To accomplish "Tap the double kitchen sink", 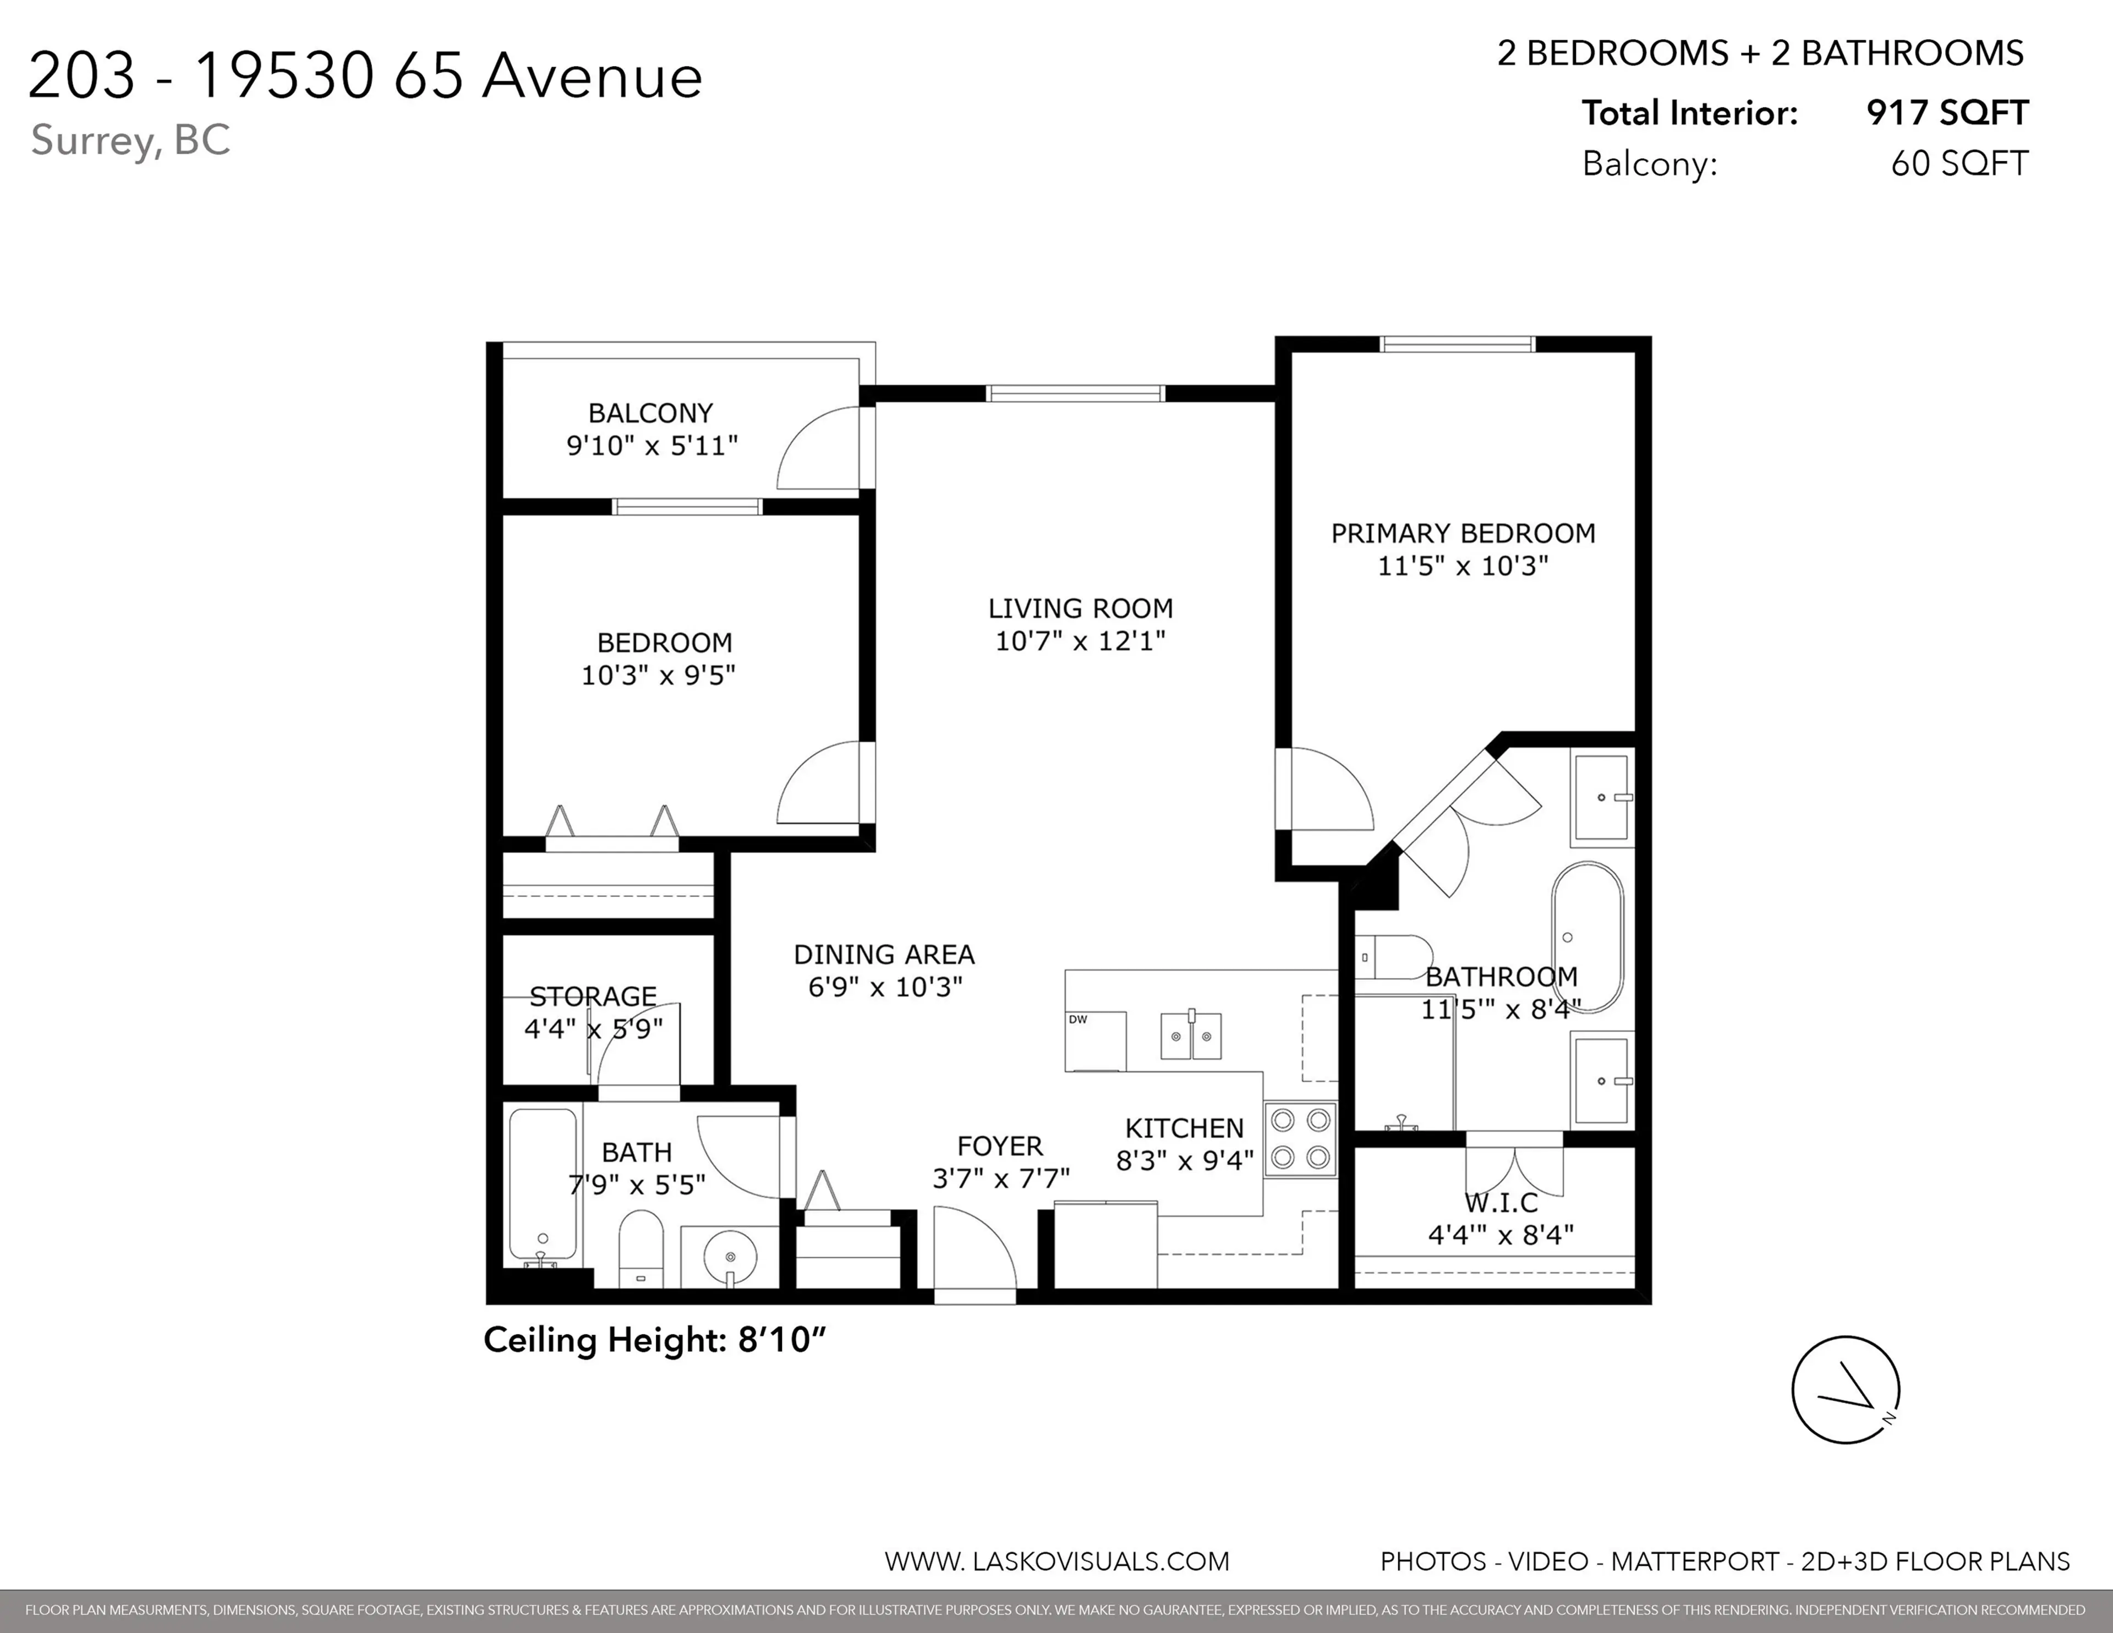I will pos(1191,1036).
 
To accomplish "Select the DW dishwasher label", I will pos(1078,1020).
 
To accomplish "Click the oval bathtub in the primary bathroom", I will pos(1587,936).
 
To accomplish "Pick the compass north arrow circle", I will pos(1845,1390).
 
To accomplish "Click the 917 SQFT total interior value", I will pos(1947,113).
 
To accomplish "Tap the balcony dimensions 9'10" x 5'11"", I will pos(652,446).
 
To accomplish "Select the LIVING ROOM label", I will pos(1080,609).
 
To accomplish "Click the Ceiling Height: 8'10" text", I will pos(655,1340).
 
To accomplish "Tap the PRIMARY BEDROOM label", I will pos(1463,533).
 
